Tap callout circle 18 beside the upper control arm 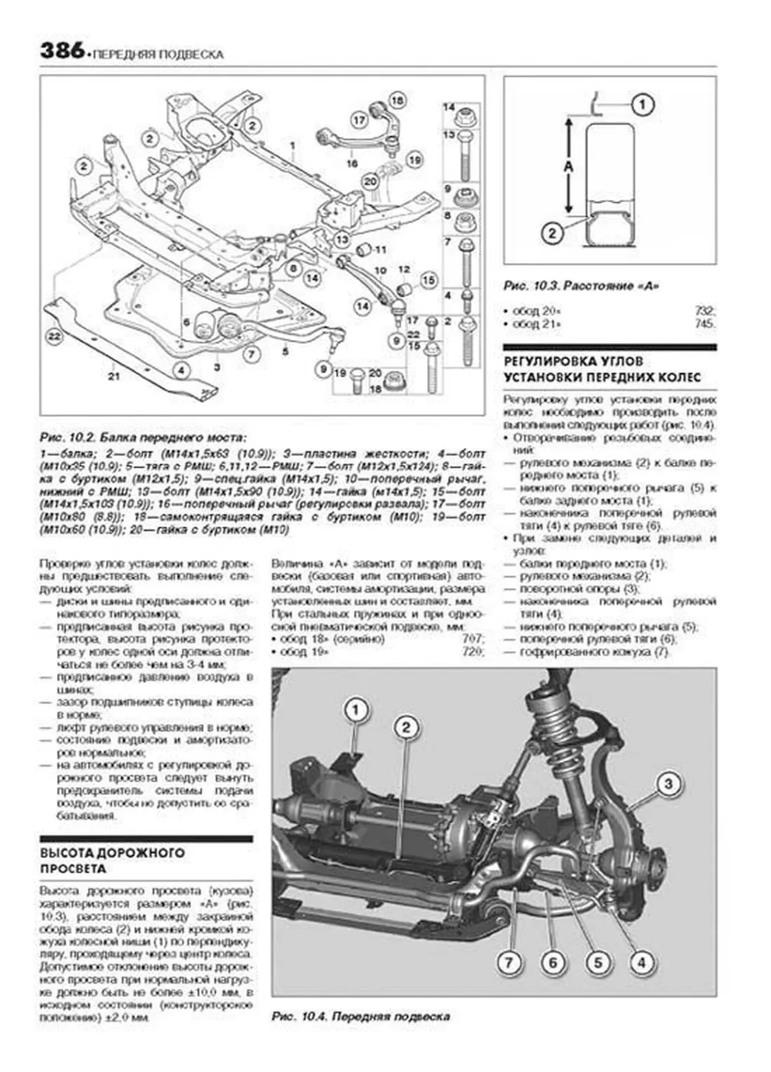tap(396, 101)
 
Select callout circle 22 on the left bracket tap(55, 337)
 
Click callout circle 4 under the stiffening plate tap(181, 371)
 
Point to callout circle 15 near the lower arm tap(428, 280)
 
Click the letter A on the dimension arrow tap(568, 167)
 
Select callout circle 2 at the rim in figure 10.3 tap(552, 233)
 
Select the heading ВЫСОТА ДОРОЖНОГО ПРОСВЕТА tap(113, 861)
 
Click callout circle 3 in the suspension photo tap(668, 784)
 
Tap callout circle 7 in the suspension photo tap(508, 962)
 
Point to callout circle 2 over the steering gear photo tap(406, 728)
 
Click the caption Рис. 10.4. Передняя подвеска tap(361, 1016)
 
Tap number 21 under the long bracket tap(114, 376)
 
